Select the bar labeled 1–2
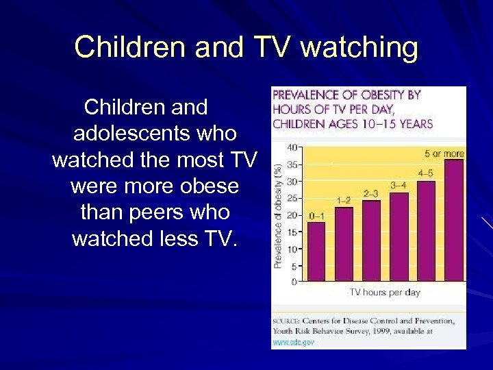click(344, 244)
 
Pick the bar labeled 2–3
click(371, 241)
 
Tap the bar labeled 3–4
click(399, 236)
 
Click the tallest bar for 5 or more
click(453, 220)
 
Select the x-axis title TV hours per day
click(385, 293)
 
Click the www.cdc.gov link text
click(294, 342)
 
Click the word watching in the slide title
click(359, 48)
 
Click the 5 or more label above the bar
click(444, 153)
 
